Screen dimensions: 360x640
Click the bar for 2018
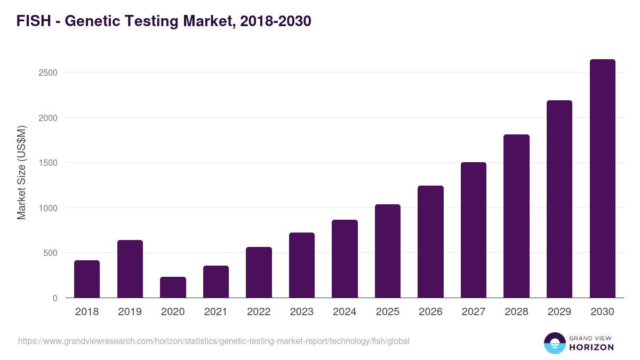[87, 279]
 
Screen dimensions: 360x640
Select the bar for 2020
[173, 287]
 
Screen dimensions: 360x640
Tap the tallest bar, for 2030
[602, 179]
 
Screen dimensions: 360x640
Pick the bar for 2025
[388, 251]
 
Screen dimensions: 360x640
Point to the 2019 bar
[130, 269]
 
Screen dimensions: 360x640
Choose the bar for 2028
[516, 216]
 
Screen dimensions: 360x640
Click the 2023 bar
[302, 265]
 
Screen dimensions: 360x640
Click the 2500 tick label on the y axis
[48, 73]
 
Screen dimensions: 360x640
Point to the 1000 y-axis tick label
[48, 208]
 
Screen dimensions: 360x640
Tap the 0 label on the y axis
[55, 298]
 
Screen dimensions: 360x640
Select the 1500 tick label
[48, 163]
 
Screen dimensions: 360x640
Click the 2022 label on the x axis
[259, 312]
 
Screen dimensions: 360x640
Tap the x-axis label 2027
[474, 312]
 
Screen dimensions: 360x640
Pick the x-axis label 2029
[559, 312]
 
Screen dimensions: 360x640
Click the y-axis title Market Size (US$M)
[21, 172]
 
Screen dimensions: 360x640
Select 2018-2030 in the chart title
[275, 21]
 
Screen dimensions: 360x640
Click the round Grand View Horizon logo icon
[555, 343]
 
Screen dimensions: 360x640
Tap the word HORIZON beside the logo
[591, 347]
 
